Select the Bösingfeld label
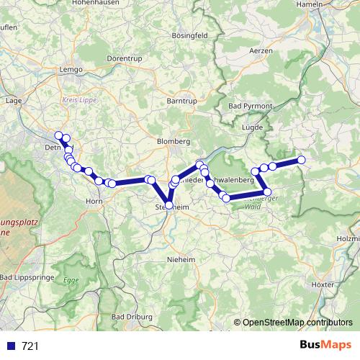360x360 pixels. point(190,35)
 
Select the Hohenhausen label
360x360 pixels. point(98,4)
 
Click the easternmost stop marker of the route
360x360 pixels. point(301,160)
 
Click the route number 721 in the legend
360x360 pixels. point(30,346)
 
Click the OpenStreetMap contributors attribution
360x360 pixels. point(297,323)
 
